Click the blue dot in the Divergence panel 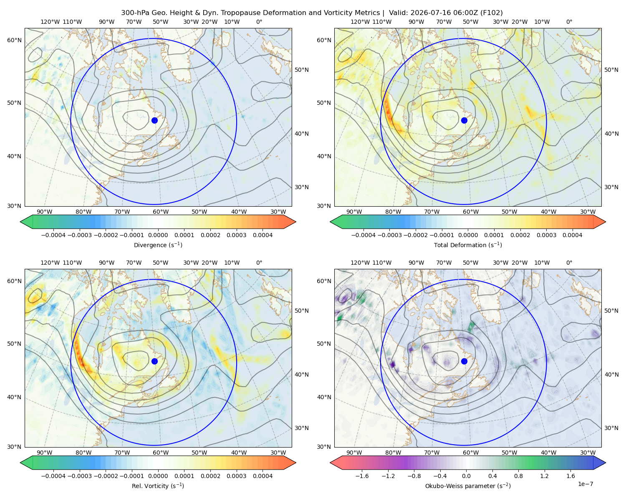click(x=154, y=120)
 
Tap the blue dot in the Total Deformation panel click(x=464, y=120)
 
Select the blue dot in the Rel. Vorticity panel click(x=154, y=361)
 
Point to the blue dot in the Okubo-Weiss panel click(x=464, y=361)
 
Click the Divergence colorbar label click(x=158, y=245)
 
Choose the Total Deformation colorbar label click(x=468, y=245)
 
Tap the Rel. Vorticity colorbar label click(x=158, y=486)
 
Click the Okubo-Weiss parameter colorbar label click(x=468, y=486)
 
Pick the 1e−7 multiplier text click(x=585, y=484)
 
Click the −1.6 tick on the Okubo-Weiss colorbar click(x=362, y=476)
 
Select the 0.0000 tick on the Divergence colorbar click(x=158, y=235)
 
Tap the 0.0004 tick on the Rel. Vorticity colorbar click(x=263, y=476)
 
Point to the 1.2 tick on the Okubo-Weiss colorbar click(x=544, y=476)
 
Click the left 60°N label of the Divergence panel click(x=14, y=40)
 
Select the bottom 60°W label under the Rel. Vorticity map click(x=161, y=453)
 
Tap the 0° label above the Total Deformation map click(x=569, y=22)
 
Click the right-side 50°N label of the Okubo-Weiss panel click(x=611, y=311)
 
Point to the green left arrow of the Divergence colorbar click(x=26, y=222)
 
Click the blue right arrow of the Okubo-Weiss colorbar click(x=600, y=463)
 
